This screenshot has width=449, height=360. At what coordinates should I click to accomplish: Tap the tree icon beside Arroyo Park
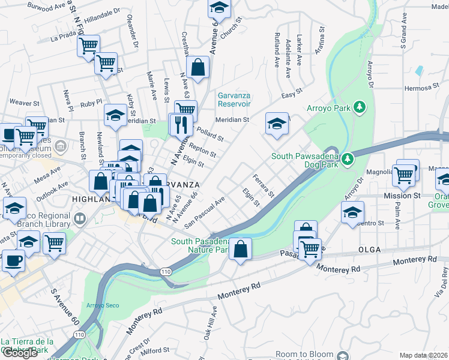pos(360,107)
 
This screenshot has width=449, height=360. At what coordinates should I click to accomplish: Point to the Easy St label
pos(292,94)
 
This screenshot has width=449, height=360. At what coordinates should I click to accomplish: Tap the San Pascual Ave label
pos(205,212)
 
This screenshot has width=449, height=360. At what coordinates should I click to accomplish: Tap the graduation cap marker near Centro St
pos(352,212)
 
